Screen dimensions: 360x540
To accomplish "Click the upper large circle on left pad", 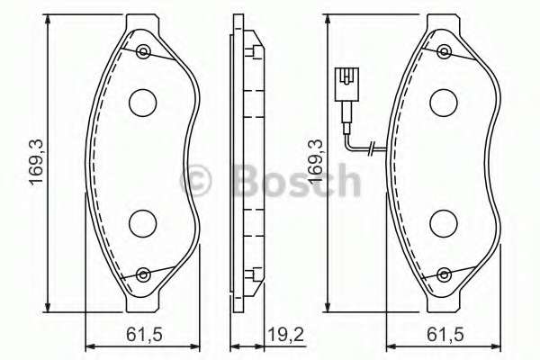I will pos(141,103).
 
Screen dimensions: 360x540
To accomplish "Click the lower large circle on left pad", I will pos(141,220).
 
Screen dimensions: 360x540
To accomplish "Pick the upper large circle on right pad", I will pos(443,103).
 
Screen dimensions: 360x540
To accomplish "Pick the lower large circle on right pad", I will pos(443,220).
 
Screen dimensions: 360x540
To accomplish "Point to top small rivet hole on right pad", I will pos(445,50).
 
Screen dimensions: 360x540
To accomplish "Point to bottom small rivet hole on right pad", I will pos(445,274).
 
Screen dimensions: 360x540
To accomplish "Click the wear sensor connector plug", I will pos(343,85).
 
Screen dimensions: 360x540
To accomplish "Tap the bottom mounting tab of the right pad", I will pos(445,297).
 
